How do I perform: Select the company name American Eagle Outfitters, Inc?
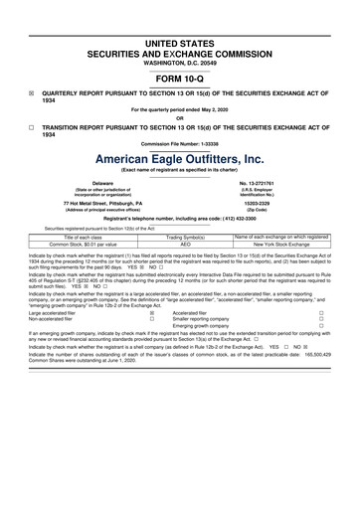tap(180, 159)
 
